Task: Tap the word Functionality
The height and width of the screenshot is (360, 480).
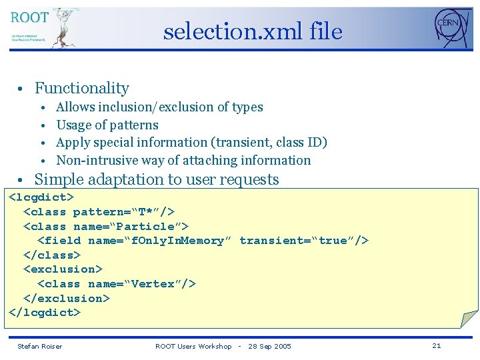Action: [x=81, y=88]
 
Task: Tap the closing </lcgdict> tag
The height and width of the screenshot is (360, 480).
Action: [x=44, y=312]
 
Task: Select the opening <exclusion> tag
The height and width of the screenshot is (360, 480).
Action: [x=63, y=269]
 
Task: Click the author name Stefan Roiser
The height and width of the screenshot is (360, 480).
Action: [x=39, y=346]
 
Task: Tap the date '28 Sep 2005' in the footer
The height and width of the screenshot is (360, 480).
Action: [x=269, y=346]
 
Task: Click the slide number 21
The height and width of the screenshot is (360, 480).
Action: [x=437, y=345]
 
